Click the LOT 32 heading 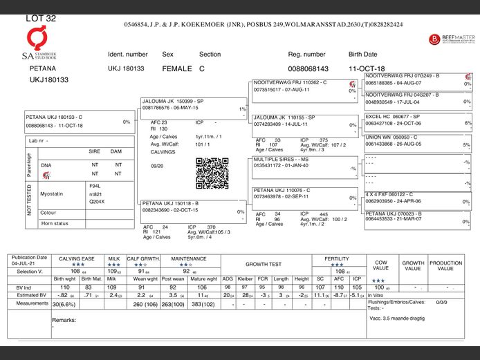41,19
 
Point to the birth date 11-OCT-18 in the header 367,69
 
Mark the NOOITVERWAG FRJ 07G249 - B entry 403,75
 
